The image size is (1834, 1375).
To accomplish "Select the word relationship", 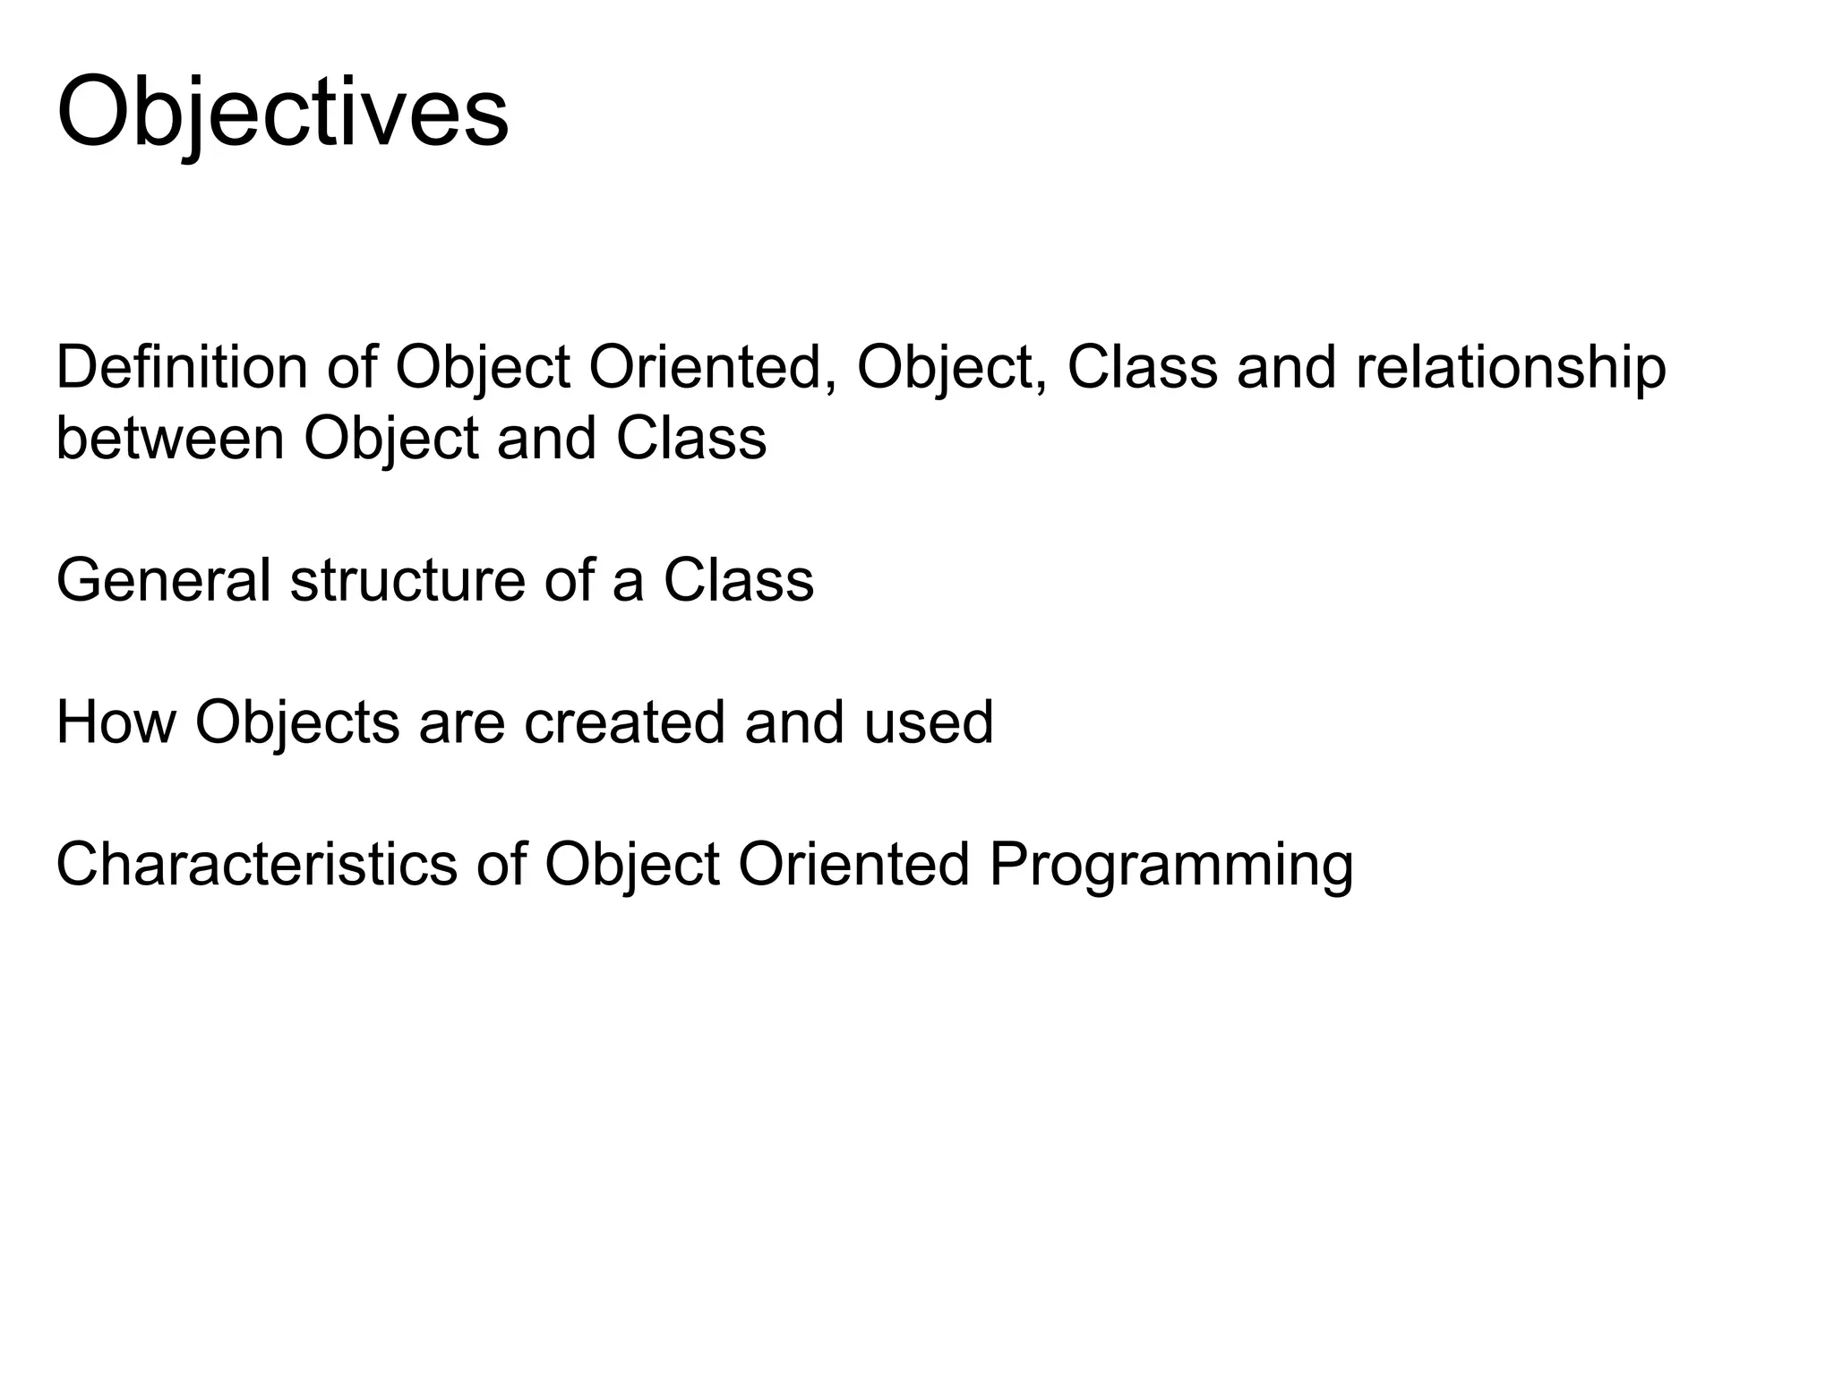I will (x=1511, y=368).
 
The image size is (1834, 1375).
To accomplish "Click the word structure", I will (x=407, y=580).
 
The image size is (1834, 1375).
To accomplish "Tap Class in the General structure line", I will (x=739, y=580).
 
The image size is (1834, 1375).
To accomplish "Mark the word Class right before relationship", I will (x=1143, y=368).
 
